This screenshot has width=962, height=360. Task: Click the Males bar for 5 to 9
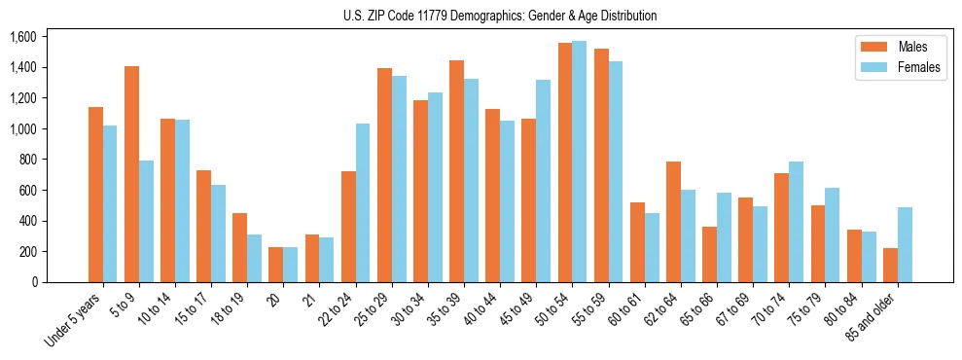tap(132, 174)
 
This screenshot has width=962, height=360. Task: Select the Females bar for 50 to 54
tap(580, 162)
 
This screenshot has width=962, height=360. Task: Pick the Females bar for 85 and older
tap(905, 244)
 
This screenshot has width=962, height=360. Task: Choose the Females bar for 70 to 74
tap(797, 222)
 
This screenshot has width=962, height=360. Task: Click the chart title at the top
tap(500, 16)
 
